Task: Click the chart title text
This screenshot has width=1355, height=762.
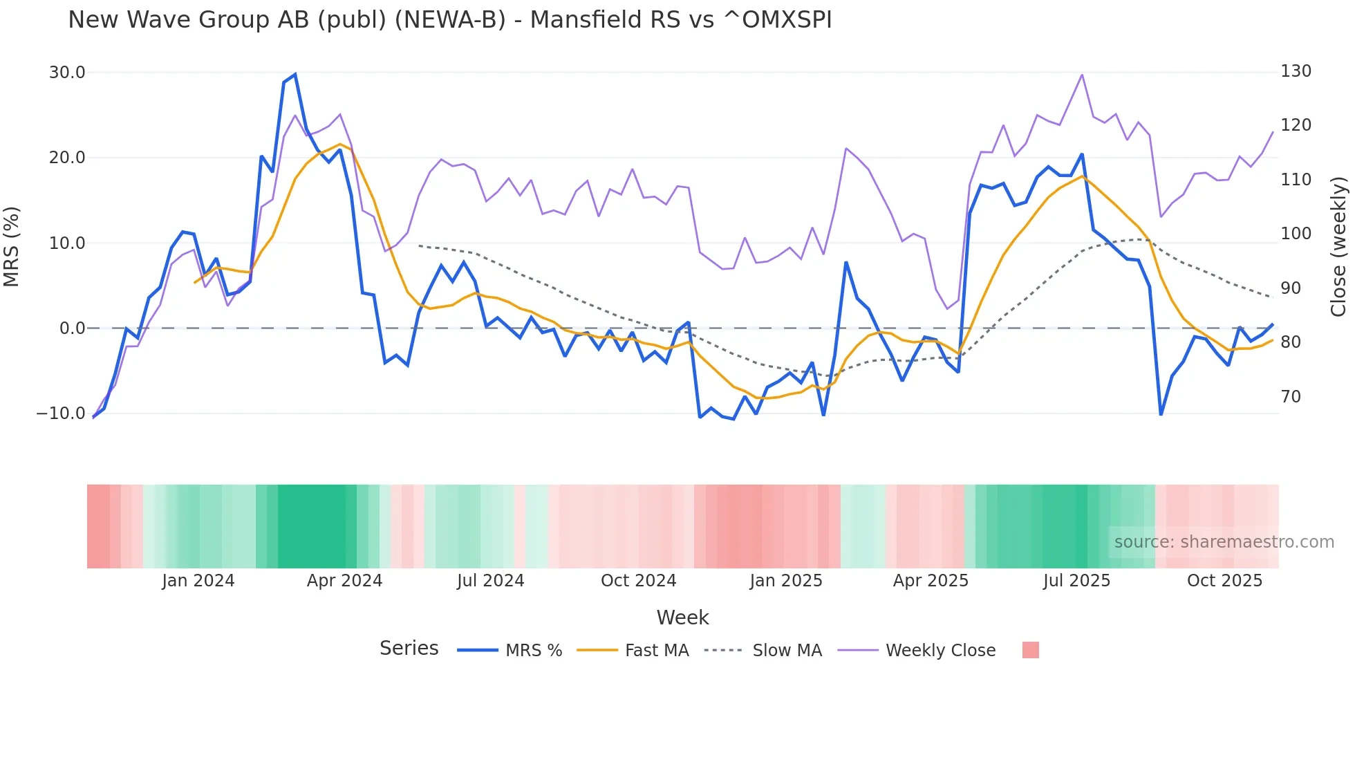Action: [449, 20]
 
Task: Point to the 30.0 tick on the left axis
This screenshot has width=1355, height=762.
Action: [67, 73]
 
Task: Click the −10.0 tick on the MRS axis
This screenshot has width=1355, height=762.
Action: [61, 413]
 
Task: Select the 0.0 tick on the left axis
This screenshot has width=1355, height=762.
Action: [72, 328]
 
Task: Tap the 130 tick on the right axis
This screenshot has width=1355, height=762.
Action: [1296, 71]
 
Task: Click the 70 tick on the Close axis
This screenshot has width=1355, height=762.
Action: [1291, 397]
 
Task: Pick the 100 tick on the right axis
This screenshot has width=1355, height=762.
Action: [1296, 234]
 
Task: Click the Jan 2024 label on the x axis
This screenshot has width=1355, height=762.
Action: [198, 581]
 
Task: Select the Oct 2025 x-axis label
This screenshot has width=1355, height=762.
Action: [1224, 581]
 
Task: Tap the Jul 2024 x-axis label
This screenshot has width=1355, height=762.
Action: [490, 581]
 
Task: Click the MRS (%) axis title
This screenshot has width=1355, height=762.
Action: [12, 247]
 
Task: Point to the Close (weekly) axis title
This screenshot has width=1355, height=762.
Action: [1338, 247]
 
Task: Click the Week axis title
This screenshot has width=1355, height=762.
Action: [682, 617]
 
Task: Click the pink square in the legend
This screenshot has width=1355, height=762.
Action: [1030, 650]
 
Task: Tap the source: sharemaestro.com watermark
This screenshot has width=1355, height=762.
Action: [1224, 542]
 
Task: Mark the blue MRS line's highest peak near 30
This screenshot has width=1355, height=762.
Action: [295, 75]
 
